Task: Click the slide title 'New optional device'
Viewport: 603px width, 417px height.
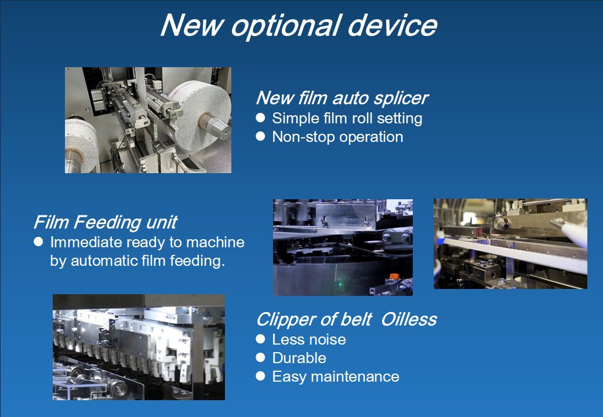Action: pos(299,26)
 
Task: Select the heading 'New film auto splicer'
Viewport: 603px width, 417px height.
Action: pos(342,98)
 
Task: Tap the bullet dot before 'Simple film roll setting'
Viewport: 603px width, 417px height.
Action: pos(260,118)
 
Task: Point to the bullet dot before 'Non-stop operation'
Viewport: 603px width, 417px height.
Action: pos(260,136)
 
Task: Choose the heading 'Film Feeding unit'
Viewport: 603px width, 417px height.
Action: pos(106,222)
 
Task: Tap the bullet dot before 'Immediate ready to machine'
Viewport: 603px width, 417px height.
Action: pos(38,242)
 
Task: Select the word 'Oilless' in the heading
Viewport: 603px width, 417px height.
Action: pos(409,320)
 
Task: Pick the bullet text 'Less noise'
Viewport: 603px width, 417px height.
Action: pos(309,339)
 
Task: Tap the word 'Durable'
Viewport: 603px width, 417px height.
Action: pos(299,358)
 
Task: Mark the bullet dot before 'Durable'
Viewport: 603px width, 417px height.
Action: pos(260,357)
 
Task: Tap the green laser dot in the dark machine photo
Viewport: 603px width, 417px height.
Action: pos(340,285)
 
